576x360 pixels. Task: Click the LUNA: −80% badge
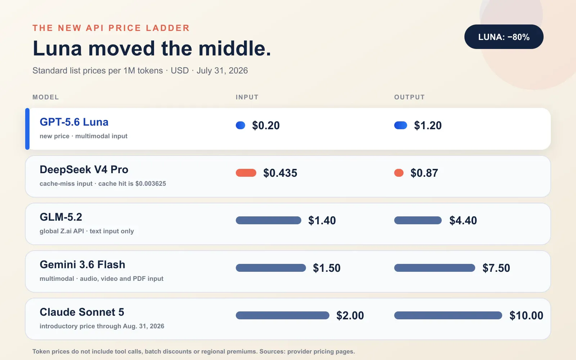pos(504,37)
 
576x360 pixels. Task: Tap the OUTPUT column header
pos(409,97)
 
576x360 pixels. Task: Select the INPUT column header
pos(247,97)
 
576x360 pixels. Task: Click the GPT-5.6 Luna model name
pos(74,122)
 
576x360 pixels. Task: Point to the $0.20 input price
pos(266,126)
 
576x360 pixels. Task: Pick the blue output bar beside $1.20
pos(401,125)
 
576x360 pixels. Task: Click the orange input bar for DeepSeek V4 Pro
pos(246,173)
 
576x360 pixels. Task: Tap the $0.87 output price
pos(424,173)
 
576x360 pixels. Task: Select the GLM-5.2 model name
pos(61,217)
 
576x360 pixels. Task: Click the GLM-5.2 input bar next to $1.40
pos(269,220)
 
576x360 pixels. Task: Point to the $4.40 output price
pos(463,220)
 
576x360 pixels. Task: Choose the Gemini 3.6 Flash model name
pos(82,265)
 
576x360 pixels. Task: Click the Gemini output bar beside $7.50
pos(435,268)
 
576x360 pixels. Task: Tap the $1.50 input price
pos(327,268)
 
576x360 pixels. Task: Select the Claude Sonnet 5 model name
pos(82,312)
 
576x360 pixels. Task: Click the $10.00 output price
pos(526,315)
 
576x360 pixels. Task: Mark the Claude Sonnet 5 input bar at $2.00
pos(283,315)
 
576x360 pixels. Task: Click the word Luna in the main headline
pos(57,48)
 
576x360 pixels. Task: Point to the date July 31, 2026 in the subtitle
pos(222,71)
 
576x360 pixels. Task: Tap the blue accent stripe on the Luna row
pos(27,129)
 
